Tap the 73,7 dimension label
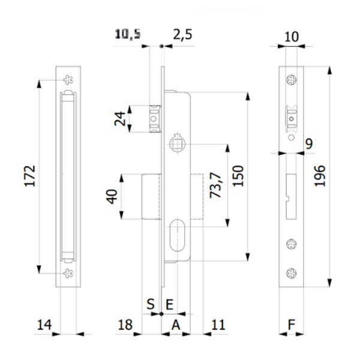[x=218, y=185]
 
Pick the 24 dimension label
[x=121, y=119]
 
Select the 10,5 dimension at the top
[x=127, y=35]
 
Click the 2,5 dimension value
[x=182, y=35]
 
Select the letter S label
[x=151, y=304]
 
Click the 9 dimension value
[x=309, y=143]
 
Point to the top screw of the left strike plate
[x=67, y=79]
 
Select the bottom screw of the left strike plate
[x=67, y=273]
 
